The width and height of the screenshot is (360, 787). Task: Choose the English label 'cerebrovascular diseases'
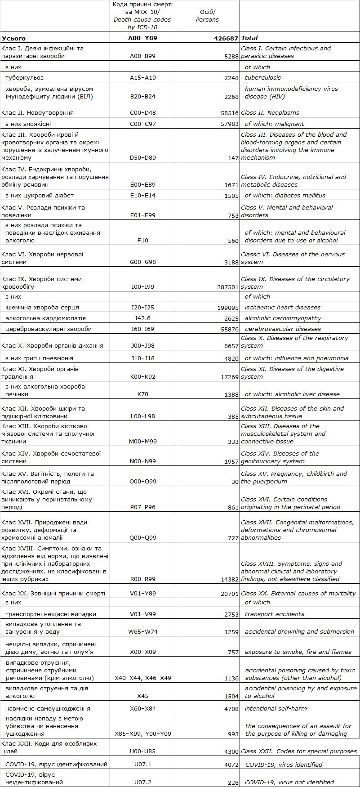pyautogui.click(x=283, y=329)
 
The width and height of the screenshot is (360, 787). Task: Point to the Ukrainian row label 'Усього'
pyautogui.click(x=14, y=39)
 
